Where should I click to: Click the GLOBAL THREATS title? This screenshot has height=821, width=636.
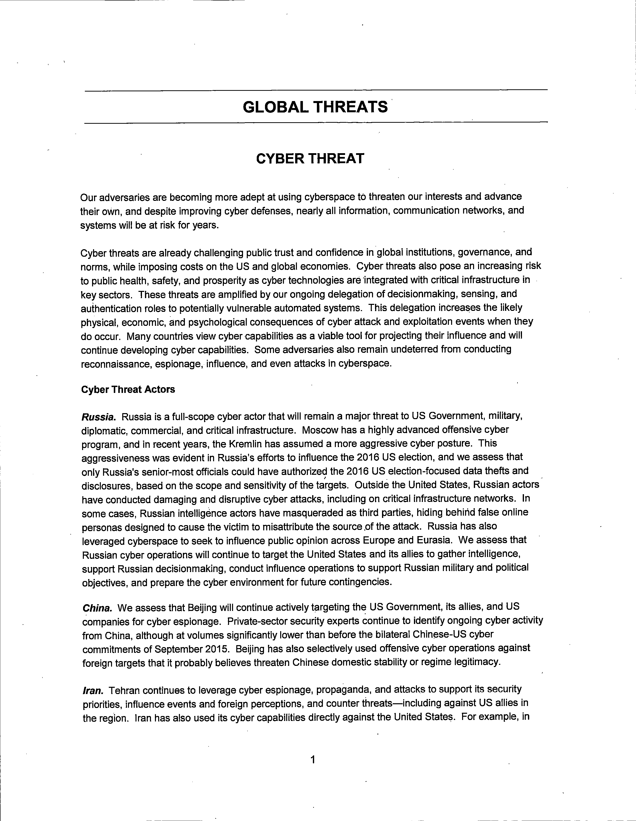point(315,107)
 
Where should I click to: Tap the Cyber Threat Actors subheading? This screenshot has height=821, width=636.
point(128,389)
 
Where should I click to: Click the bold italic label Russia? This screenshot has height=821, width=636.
point(99,417)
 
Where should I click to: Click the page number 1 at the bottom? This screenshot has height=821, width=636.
point(313,760)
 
